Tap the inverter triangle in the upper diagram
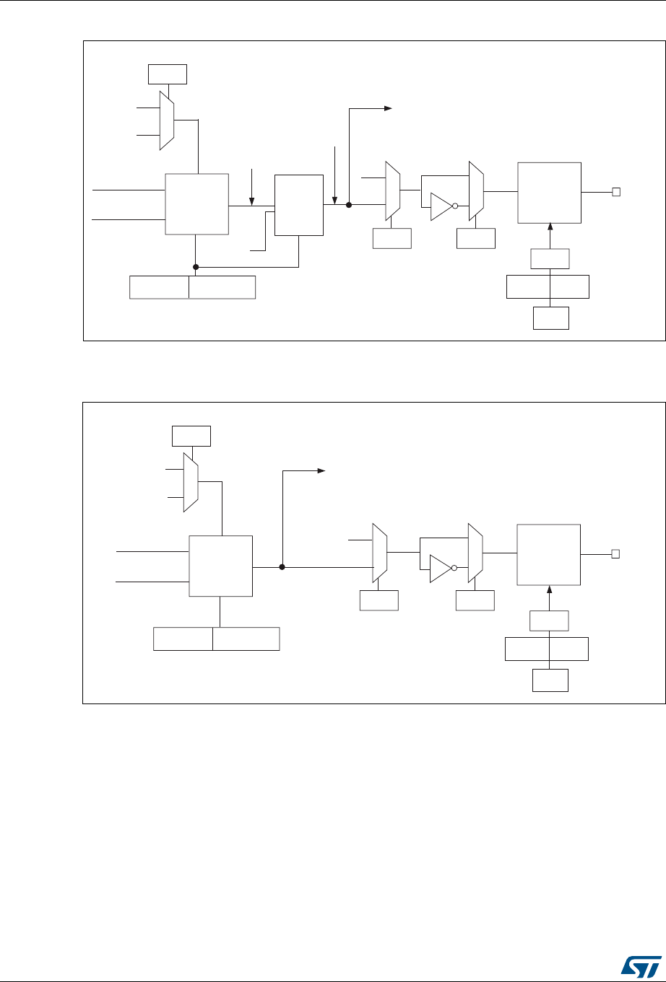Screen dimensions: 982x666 coord(441,206)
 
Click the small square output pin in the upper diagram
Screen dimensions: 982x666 coord(615,191)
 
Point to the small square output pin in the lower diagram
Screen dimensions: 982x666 coord(615,554)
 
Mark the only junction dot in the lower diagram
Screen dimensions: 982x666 coord(282,567)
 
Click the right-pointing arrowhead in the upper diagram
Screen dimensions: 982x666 coord(388,109)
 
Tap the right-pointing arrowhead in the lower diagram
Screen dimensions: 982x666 coord(322,471)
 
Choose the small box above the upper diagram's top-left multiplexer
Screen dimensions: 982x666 coord(168,74)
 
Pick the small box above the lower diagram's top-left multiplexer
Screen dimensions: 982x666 coord(191,437)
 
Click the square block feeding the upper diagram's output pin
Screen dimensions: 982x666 coord(550,193)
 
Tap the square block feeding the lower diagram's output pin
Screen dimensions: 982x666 coord(549,555)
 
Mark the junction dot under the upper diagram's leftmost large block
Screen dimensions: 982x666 coord(196,267)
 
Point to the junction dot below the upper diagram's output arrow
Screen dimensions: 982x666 coord(349,205)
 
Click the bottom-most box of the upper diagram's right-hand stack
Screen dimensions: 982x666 coord(550,318)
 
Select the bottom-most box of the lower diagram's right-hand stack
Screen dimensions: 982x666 coord(550,680)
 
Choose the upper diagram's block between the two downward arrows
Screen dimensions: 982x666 coord(299,205)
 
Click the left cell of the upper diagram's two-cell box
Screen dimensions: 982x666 coord(159,286)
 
